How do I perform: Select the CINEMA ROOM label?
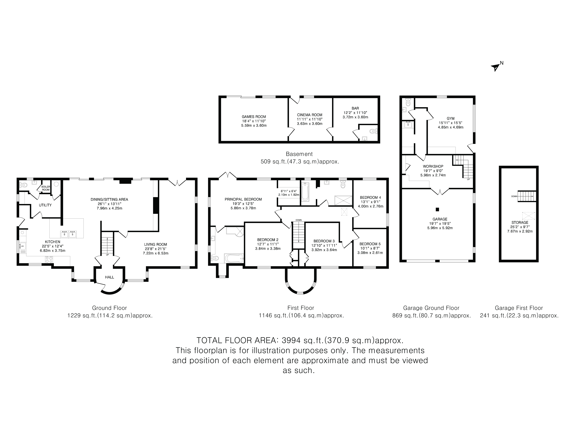(x=310, y=115)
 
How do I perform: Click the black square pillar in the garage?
(x=437, y=209)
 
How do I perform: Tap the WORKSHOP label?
(x=433, y=166)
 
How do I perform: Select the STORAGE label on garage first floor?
(x=520, y=222)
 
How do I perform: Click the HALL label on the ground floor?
(x=110, y=277)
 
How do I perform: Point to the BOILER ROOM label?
(x=46, y=188)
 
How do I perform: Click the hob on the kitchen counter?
(x=49, y=259)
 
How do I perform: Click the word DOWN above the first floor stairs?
(x=298, y=220)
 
